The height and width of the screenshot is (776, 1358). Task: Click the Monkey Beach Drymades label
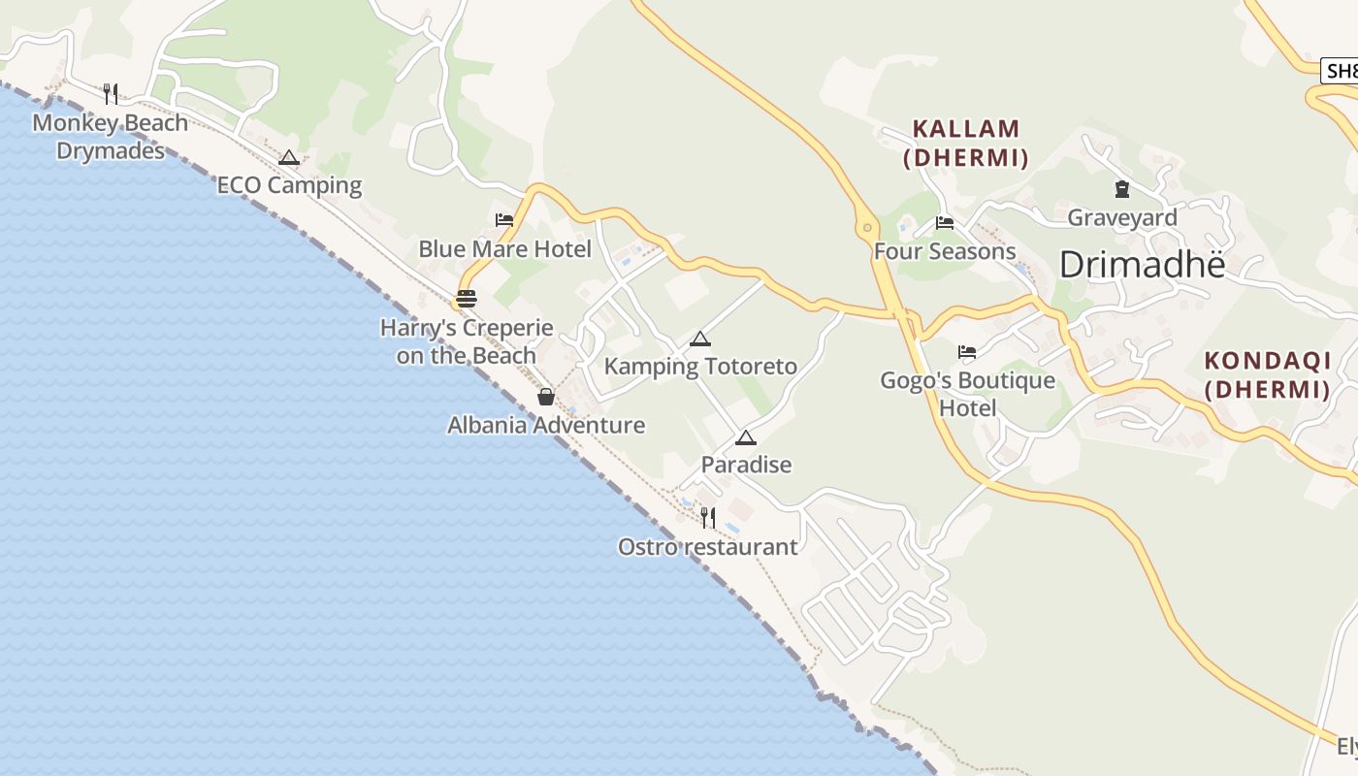click(x=110, y=137)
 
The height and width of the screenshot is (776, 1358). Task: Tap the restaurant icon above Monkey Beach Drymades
click(x=111, y=93)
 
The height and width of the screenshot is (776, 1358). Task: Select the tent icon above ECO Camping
click(x=289, y=157)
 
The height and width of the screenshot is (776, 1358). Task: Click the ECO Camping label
click(x=289, y=185)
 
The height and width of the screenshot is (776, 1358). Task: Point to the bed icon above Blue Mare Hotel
click(x=504, y=220)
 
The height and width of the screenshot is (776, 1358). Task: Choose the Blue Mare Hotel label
click(x=504, y=249)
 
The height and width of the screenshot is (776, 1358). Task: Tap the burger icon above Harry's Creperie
click(x=467, y=298)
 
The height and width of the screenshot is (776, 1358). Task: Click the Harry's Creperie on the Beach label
click(x=467, y=341)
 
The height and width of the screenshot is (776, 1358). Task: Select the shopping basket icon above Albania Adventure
click(x=546, y=396)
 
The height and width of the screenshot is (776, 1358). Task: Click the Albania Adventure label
click(x=546, y=425)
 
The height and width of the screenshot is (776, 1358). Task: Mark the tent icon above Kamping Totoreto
click(x=700, y=339)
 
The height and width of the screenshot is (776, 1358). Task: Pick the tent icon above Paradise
click(x=745, y=437)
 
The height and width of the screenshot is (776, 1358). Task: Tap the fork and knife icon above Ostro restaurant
click(x=708, y=517)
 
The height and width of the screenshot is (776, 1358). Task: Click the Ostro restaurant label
click(x=708, y=547)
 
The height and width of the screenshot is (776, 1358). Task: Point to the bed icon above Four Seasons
click(x=945, y=223)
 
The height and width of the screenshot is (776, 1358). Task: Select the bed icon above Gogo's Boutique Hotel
click(x=967, y=351)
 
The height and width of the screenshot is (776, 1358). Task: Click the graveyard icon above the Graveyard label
click(x=1122, y=189)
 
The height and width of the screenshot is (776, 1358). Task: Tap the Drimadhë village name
click(x=1143, y=265)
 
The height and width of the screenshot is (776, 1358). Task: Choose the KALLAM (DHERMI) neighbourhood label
click(x=966, y=143)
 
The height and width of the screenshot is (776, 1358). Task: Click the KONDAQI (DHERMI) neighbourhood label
click(x=1267, y=374)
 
